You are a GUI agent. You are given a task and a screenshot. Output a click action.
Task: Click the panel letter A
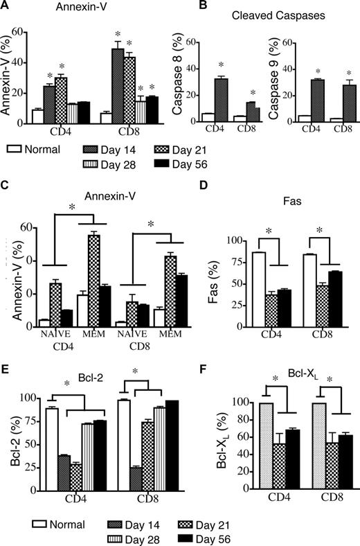[x=7, y=6]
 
